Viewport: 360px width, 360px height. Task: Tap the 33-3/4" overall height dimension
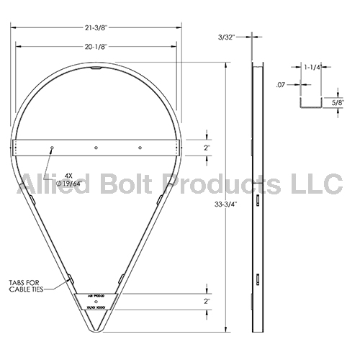(x=228, y=204)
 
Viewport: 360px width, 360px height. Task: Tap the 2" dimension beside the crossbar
(x=207, y=147)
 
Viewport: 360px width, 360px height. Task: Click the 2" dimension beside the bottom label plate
(x=207, y=302)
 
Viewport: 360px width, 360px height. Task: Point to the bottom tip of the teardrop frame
(x=96, y=330)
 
